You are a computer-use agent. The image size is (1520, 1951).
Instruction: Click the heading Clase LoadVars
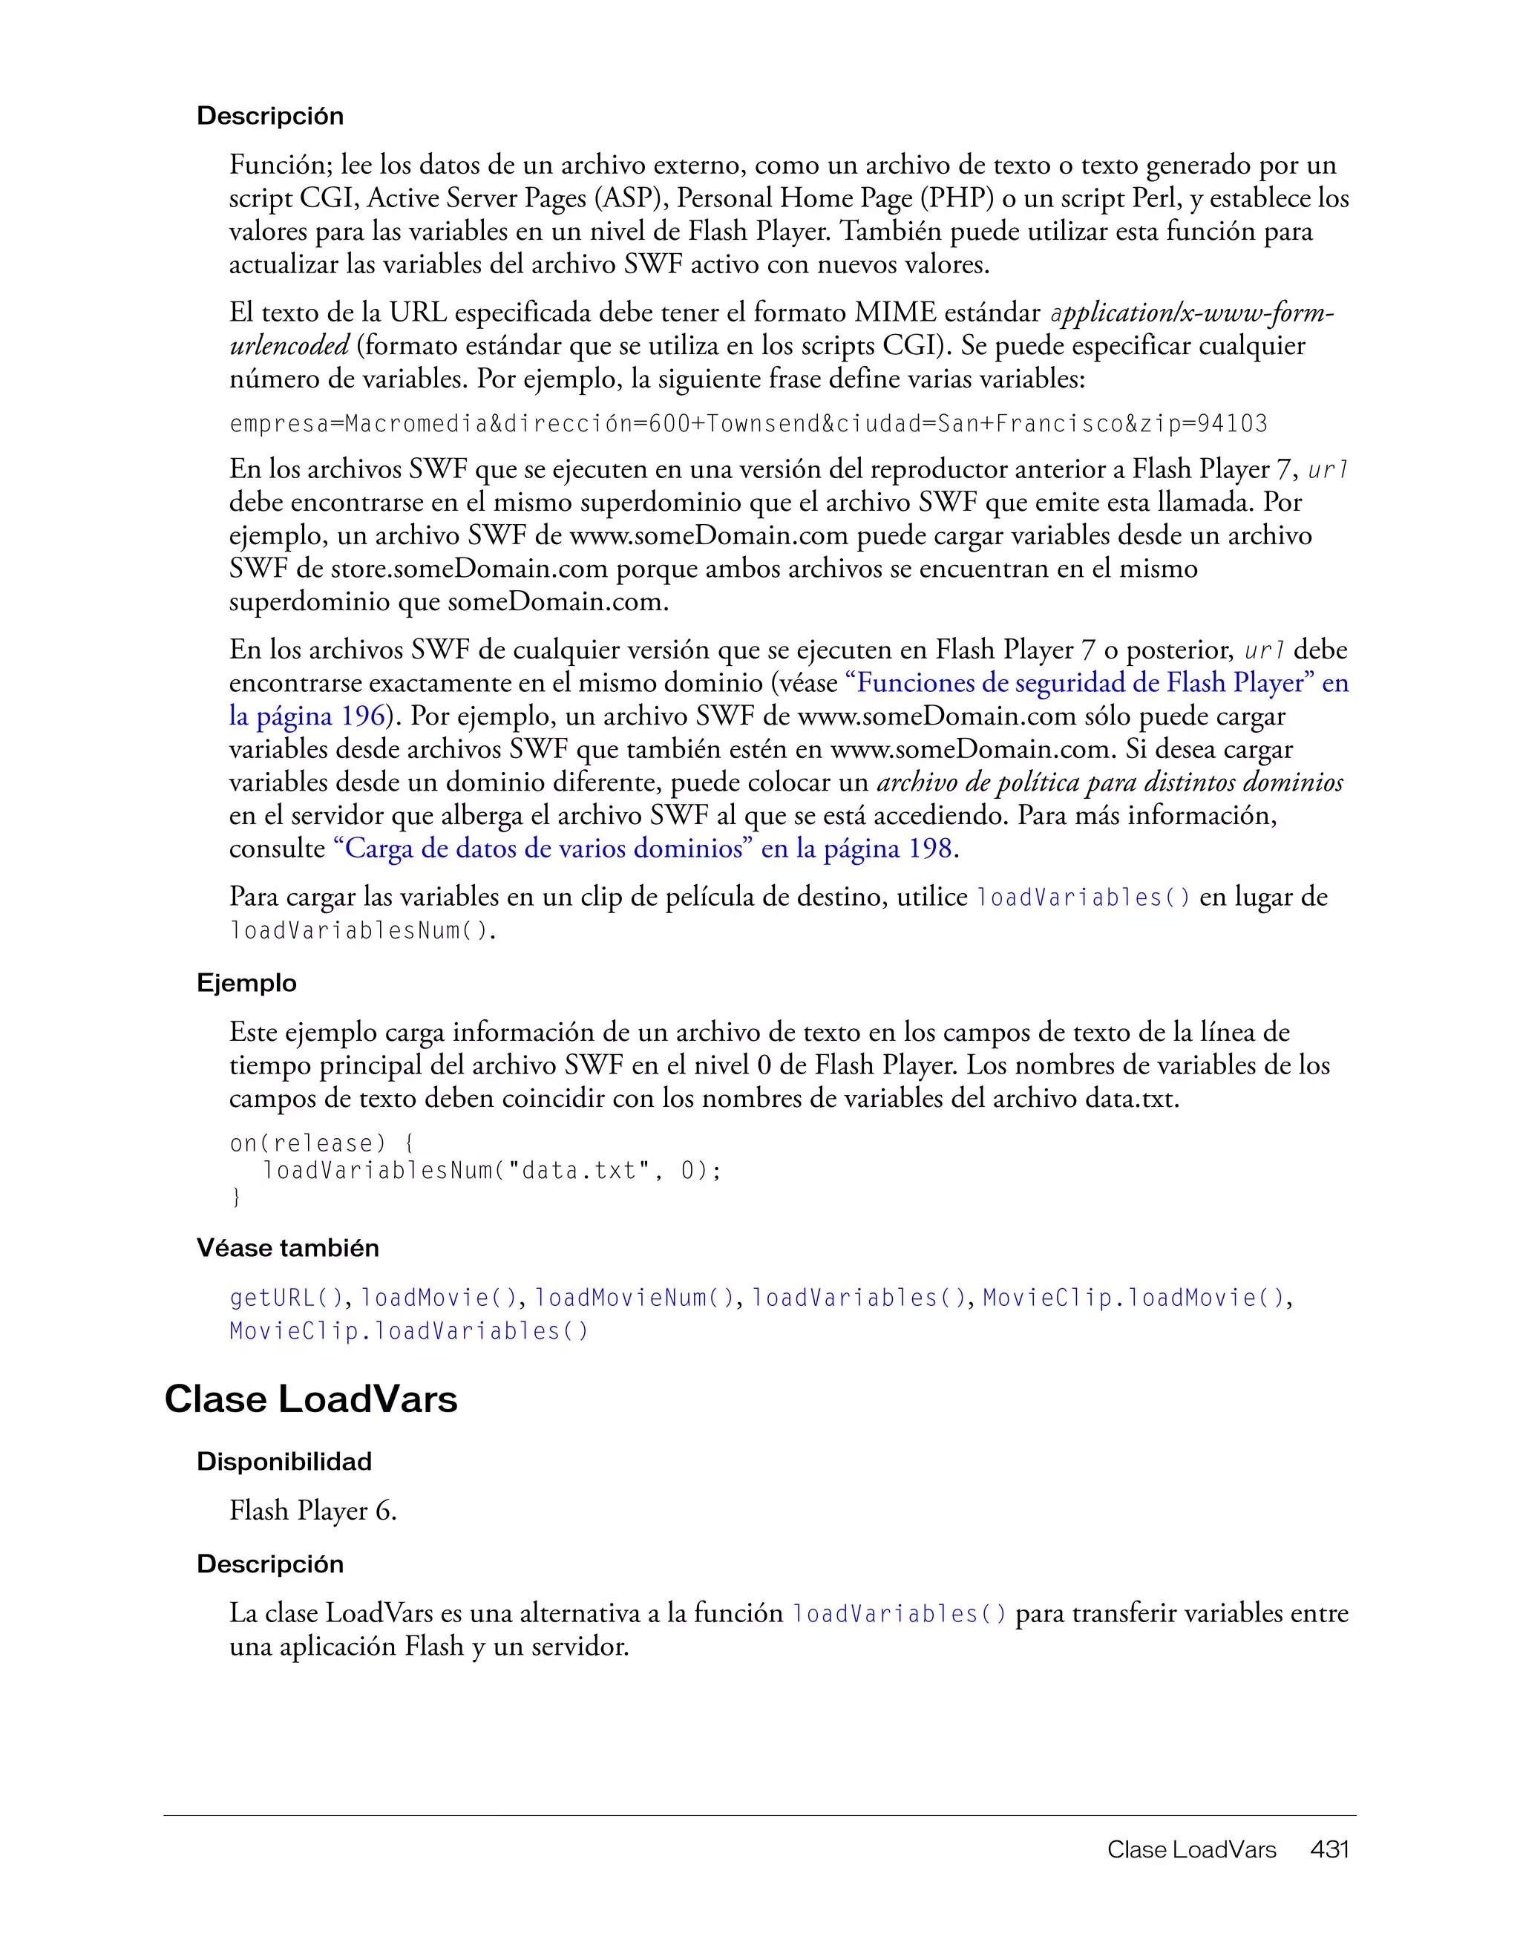click(310, 1399)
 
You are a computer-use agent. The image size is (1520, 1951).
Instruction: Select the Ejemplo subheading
click(246, 983)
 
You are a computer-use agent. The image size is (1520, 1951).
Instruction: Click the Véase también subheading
click(287, 1248)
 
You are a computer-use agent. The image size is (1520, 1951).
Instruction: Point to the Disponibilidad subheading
click(284, 1462)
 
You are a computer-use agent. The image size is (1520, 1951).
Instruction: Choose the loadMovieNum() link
click(634, 1297)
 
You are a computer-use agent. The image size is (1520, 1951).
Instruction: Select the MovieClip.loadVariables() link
click(409, 1331)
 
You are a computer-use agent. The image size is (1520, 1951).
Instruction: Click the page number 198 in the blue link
click(930, 849)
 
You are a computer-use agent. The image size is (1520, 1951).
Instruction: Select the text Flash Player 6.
click(312, 1511)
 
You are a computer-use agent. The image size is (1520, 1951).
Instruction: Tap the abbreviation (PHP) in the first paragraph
click(957, 198)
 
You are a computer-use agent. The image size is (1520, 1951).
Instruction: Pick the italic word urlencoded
click(289, 346)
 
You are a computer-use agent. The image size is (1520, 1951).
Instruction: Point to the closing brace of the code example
click(236, 1197)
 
